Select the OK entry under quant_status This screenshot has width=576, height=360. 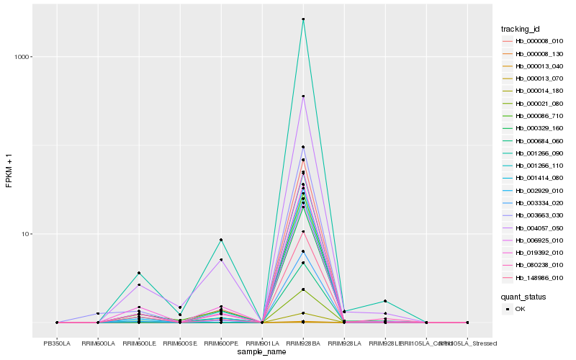tap(520, 309)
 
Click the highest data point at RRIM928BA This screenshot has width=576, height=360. tap(303, 19)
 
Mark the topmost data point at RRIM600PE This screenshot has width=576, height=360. tap(221, 240)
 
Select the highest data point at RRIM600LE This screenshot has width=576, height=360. tap(139, 273)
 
